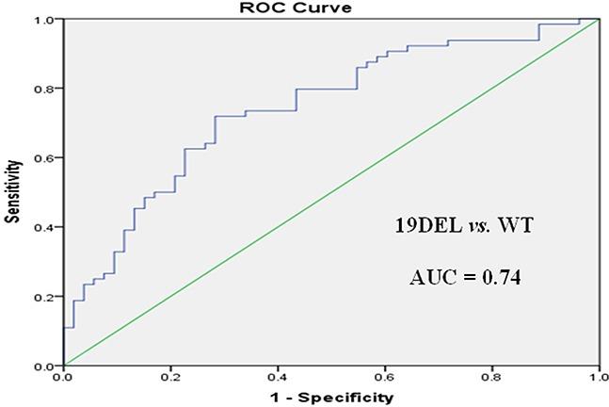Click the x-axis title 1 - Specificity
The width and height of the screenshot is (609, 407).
pyautogui.click(x=331, y=398)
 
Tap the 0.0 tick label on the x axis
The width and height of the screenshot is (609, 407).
pyautogui.click(x=63, y=377)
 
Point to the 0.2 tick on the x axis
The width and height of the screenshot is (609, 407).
pyautogui.click(x=170, y=377)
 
